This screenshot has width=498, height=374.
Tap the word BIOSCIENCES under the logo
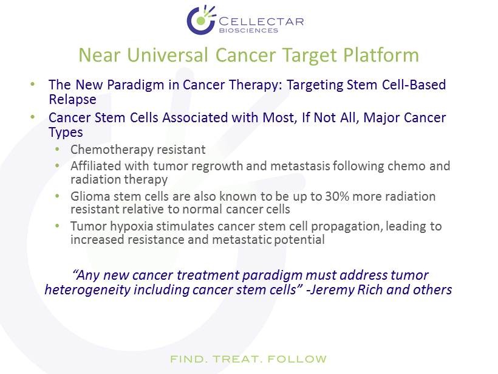pyautogui.click(x=248, y=30)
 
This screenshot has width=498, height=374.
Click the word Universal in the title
pyautogui.click(x=168, y=55)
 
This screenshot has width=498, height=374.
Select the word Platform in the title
pyautogui.click(x=381, y=55)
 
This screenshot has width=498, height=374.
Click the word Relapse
pyautogui.click(x=72, y=99)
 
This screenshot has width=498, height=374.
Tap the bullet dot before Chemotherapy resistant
pyautogui.click(x=58, y=148)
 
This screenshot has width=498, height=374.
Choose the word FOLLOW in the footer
pyautogui.click(x=297, y=359)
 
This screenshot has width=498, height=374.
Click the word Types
pyautogui.click(x=66, y=133)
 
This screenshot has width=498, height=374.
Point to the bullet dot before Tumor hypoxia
pyautogui.click(x=58, y=226)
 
